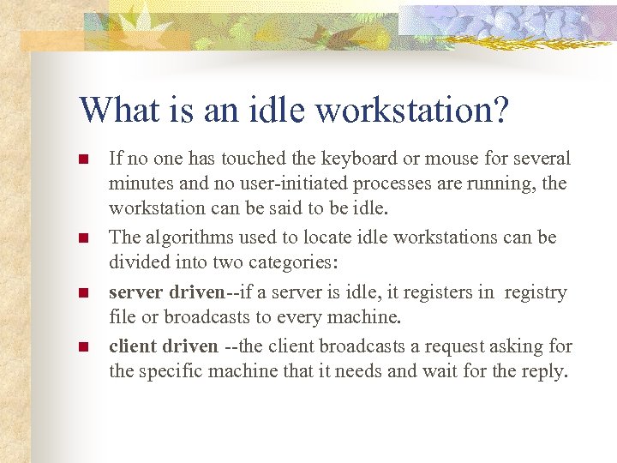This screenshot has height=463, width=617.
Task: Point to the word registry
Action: click(536, 293)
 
